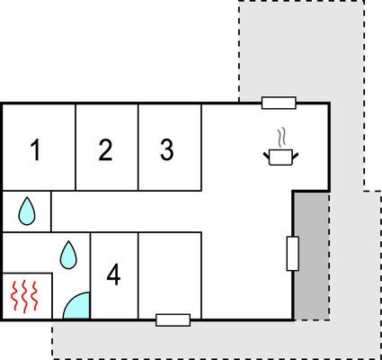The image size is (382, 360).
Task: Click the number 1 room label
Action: [x=36, y=150]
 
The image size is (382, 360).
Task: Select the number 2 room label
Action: [x=105, y=149]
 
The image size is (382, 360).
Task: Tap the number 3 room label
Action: [x=167, y=149]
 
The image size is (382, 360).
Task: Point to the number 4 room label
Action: [x=113, y=274]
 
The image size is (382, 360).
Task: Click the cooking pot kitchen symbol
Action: [x=280, y=157]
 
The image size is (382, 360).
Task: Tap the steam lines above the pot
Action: [x=280, y=138]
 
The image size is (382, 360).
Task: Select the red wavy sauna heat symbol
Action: [x=24, y=296]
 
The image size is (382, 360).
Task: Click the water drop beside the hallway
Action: [x=27, y=211]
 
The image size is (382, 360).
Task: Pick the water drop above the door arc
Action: [x=68, y=255]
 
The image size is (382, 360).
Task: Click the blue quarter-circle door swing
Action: [x=76, y=305]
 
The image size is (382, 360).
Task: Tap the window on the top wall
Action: [x=279, y=103]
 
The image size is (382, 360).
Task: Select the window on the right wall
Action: [x=293, y=254]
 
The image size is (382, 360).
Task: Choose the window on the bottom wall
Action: [x=173, y=320]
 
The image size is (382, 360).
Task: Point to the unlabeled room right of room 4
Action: [x=170, y=275]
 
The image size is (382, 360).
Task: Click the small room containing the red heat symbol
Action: [x=27, y=296]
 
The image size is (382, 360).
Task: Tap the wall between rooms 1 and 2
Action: [x=76, y=147]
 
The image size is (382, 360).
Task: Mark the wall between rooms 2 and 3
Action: [x=138, y=147]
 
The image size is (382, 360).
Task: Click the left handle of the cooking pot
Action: [x=266, y=156]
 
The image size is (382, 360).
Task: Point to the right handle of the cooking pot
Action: [x=296, y=156]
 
